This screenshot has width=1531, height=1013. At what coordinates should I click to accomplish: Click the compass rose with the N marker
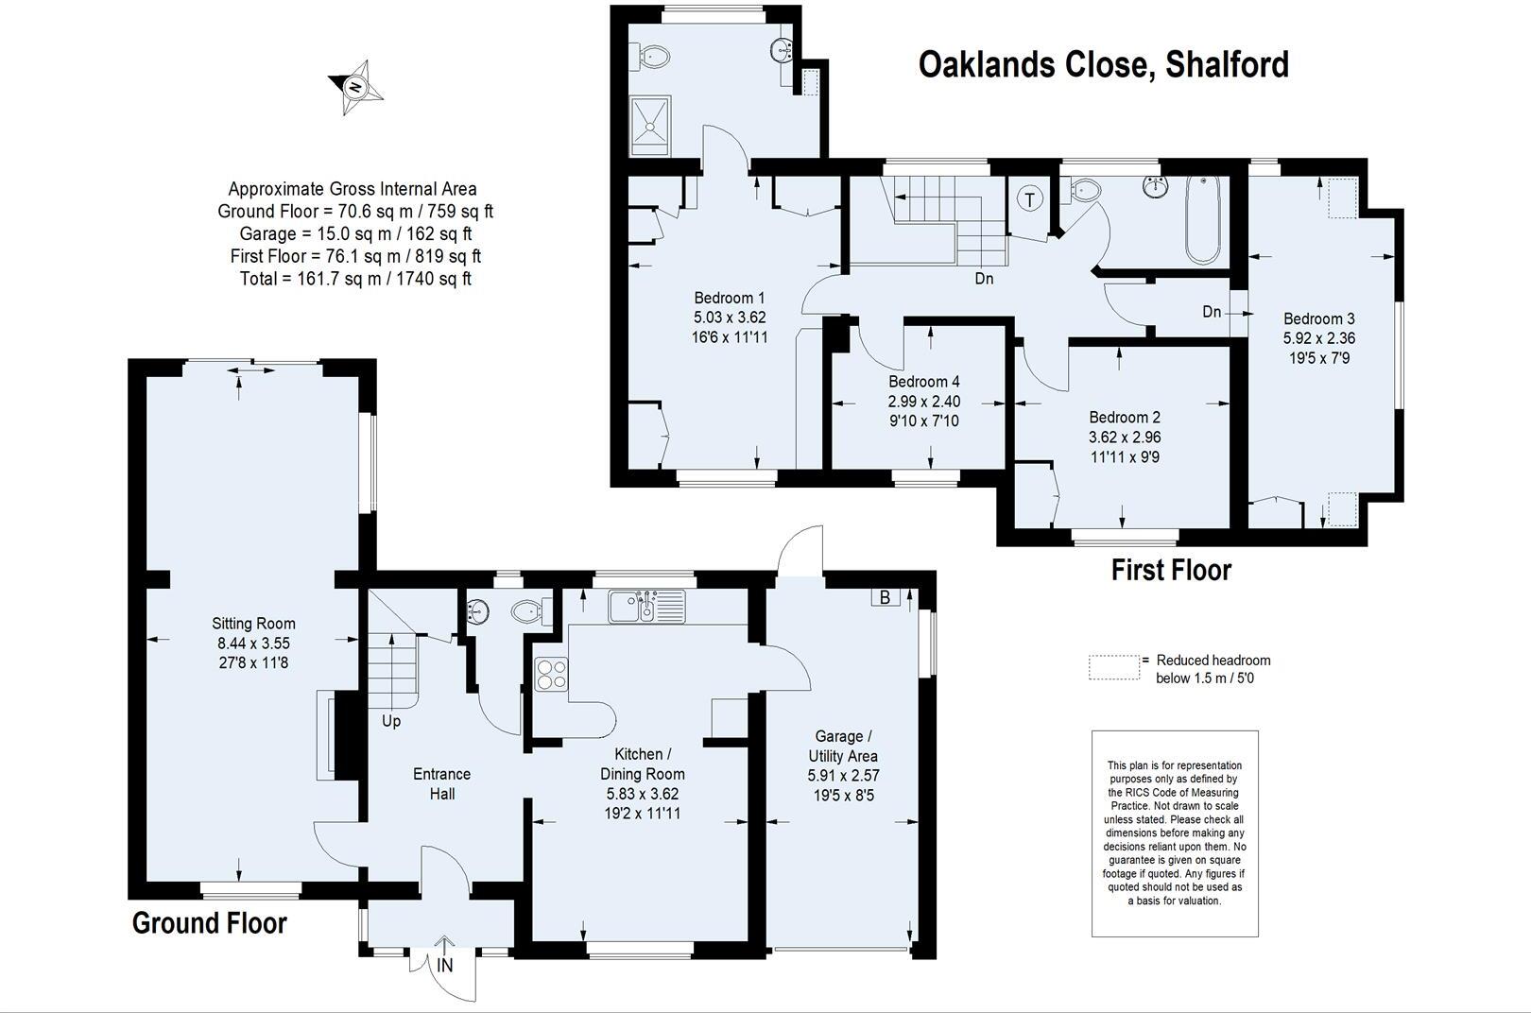tap(356, 88)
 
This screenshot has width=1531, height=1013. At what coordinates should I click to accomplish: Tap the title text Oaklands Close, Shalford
tap(1103, 65)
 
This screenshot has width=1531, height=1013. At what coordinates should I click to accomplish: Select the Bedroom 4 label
tap(924, 382)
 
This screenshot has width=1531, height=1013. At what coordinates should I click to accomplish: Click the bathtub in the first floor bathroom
tap(1202, 220)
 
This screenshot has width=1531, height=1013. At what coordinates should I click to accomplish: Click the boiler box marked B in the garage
tap(886, 596)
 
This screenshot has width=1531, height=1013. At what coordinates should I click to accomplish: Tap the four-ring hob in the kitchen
tap(551, 674)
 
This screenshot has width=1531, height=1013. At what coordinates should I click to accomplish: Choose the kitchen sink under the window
tap(645, 607)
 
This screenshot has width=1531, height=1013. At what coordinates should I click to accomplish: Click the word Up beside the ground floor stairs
tap(391, 721)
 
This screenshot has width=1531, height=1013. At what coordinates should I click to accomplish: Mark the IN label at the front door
tap(445, 965)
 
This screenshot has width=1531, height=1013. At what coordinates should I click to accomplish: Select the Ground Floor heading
tap(209, 923)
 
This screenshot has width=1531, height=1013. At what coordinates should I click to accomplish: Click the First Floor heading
tap(1171, 570)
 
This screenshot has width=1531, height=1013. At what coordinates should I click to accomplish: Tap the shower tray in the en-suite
tap(651, 127)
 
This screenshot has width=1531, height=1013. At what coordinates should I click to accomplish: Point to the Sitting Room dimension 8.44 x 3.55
tap(253, 643)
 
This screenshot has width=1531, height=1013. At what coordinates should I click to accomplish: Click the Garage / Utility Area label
tap(843, 746)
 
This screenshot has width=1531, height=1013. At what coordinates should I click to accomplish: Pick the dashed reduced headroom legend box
tap(1114, 667)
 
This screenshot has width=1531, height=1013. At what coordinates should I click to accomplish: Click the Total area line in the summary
tap(355, 279)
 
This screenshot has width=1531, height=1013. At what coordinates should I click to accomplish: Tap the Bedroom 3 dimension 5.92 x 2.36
tap(1319, 337)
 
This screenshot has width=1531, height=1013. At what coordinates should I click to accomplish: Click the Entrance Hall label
tap(441, 783)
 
